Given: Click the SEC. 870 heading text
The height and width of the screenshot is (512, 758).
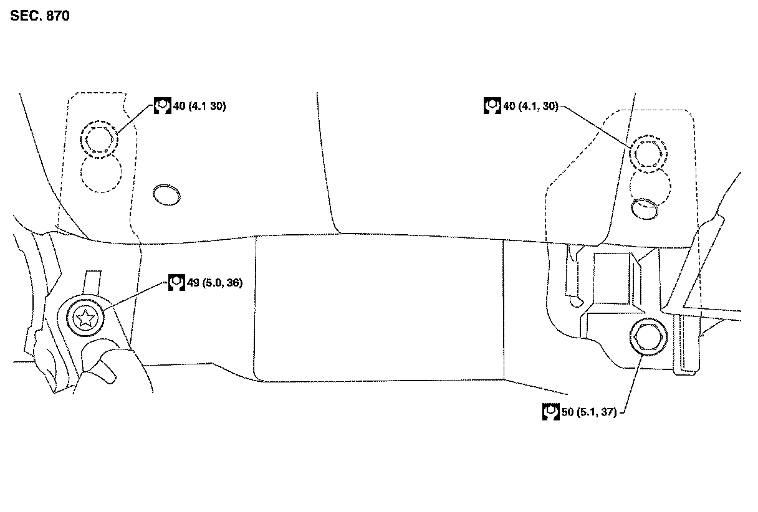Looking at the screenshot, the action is coord(39,16).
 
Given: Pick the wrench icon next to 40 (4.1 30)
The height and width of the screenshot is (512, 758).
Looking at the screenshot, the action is coord(162,106).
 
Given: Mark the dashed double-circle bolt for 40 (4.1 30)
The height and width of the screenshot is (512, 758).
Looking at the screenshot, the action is coord(98,140).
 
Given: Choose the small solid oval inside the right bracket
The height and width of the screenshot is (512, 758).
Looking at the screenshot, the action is coord(645,209).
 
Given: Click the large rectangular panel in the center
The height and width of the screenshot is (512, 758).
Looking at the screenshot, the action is coord(378,308).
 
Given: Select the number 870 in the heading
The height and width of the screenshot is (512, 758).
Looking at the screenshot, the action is coord(57,16).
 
